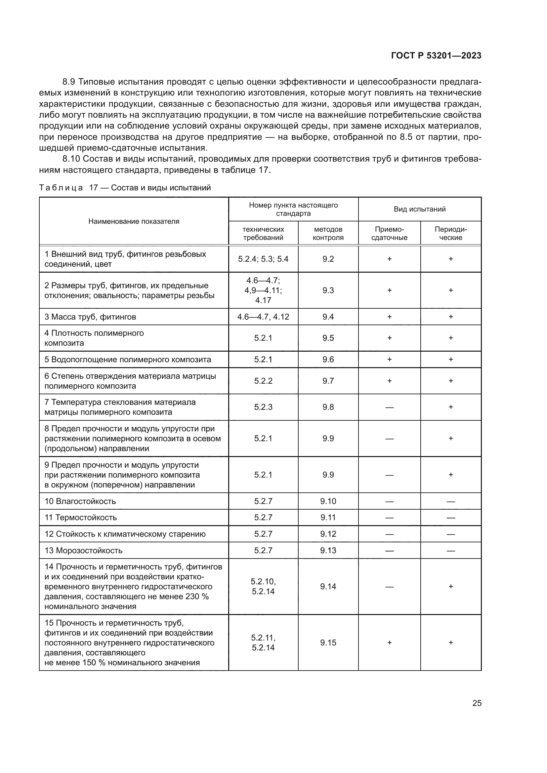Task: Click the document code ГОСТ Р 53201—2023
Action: click(x=436, y=56)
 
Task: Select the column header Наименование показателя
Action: click(x=134, y=221)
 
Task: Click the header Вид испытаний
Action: click(x=419, y=209)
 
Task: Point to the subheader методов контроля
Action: click(x=328, y=233)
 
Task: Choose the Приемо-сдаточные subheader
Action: click(x=389, y=233)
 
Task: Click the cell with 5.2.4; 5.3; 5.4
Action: click(x=263, y=259)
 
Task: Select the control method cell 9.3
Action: click(x=328, y=290)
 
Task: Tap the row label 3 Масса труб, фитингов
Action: click(x=90, y=317)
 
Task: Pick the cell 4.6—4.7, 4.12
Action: click(x=263, y=317)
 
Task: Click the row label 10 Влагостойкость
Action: click(x=80, y=501)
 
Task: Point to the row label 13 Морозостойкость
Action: click(x=83, y=551)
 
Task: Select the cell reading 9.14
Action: click(x=328, y=587)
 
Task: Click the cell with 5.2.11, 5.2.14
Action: click(x=263, y=642)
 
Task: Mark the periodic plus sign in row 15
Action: click(x=451, y=642)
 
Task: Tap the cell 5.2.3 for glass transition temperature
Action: click(x=263, y=407)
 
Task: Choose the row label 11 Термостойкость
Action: click(x=81, y=518)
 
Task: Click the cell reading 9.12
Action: click(x=328, y=534)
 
